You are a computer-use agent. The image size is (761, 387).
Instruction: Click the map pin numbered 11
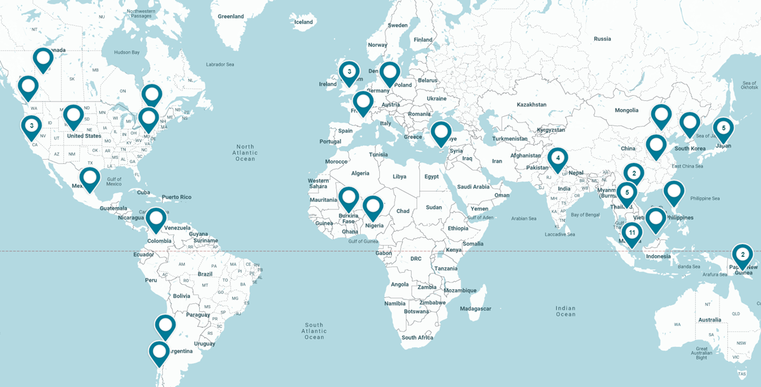pos(632,233)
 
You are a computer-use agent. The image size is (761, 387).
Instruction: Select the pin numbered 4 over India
pos(557,157)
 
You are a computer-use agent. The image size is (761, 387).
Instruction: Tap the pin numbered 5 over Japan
pos(723,128)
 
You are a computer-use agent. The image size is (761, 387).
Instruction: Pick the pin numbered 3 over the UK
pos(349,72)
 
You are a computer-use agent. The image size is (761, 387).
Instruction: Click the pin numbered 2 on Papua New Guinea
pos(742,254)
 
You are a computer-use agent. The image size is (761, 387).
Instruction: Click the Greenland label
pos(230,16)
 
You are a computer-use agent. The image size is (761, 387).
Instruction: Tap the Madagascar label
pos(475,308)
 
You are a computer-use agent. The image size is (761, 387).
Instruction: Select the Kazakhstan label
pos(514,103)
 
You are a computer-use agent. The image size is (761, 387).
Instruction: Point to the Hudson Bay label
pos(126,52)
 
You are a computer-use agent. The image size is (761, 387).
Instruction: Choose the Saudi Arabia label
pos(472,187)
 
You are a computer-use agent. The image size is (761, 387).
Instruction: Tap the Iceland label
pos(304,22)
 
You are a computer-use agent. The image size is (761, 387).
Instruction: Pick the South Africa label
pos(417,338)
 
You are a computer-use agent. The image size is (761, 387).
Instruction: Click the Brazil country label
pos(205,274)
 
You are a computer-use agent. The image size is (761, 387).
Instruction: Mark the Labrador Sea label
pos(220,64)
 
